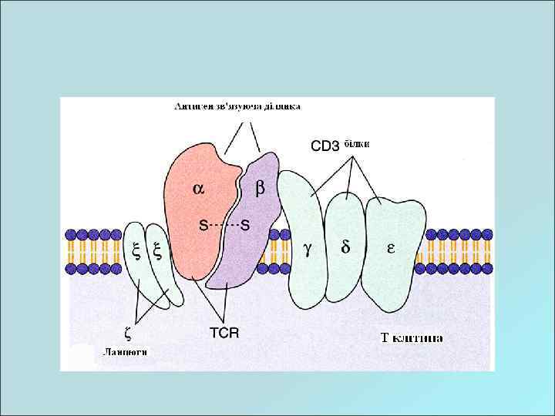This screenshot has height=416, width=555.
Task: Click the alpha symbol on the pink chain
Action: click(x=198, y=187)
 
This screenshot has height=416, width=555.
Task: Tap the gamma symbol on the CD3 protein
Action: click(x=308, y=248)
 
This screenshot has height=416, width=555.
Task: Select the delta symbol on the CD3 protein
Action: click(x=345, y=248)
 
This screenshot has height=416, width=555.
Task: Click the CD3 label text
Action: click(x=325, y=145)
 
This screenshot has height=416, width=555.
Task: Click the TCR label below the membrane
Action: click(x=224, y=333)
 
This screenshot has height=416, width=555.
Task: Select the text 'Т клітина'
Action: click(x=412, y=337)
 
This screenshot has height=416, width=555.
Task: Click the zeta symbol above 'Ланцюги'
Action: click(x=126, y=333)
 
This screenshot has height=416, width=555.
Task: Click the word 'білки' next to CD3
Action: click(x=357, y=144)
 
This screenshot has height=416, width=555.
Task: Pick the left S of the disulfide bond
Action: click(x=203, y=225)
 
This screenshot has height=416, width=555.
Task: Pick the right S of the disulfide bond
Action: click(x=245, y=225)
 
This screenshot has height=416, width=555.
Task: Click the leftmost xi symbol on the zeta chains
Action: click(x=136, y=250)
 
